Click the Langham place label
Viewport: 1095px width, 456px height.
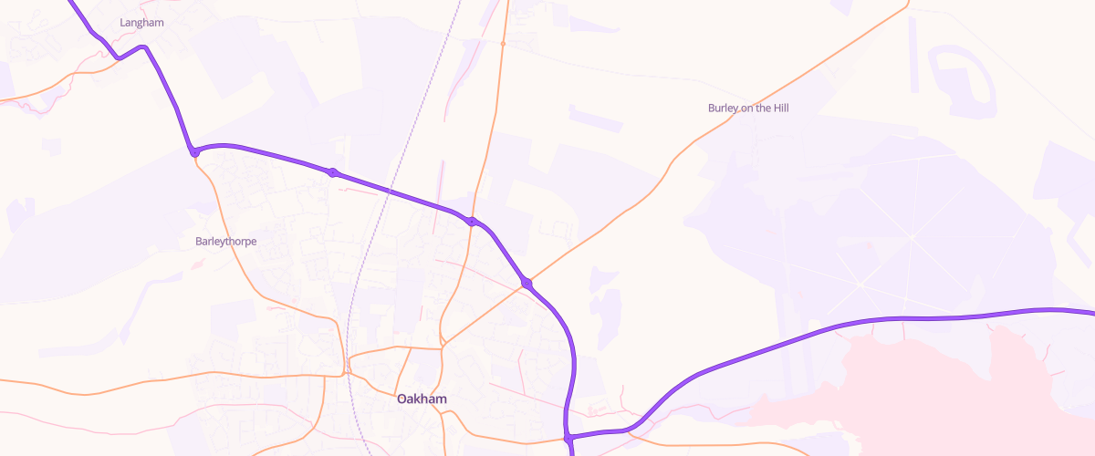tap(141, 22)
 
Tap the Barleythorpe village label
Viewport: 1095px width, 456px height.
tap(225, 242)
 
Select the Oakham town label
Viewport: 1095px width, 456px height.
tap(422, 399)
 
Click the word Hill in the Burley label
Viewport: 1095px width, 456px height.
tap(778, 108)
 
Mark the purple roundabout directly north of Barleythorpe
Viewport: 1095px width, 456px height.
tap(194, 152)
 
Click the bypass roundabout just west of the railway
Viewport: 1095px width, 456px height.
tap(333, 172)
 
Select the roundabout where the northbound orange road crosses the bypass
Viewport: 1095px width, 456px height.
tap(472, 222)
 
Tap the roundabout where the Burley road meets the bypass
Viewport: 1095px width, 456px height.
tap(527, 284)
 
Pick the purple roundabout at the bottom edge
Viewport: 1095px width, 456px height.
tap(568, 440)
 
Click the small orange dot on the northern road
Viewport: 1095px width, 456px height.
tap(503, 43)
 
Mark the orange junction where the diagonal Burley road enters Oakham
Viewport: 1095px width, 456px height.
tap(443, 345)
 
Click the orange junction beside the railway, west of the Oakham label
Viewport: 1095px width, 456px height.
tap(348, 368)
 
